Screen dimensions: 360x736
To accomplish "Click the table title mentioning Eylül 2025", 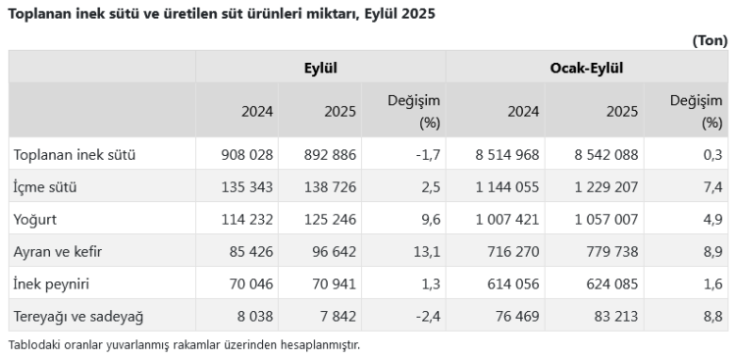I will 222,15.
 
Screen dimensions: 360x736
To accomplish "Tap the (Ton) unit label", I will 710,40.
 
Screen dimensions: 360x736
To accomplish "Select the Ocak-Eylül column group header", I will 587,69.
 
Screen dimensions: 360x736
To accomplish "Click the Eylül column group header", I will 321,69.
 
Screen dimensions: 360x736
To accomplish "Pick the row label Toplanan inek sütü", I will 74,154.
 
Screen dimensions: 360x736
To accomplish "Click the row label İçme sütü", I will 45,186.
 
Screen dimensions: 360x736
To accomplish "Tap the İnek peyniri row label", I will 55,283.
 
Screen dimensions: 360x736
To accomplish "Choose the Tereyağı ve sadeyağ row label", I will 78,316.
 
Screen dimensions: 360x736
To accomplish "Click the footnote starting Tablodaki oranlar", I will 184,344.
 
